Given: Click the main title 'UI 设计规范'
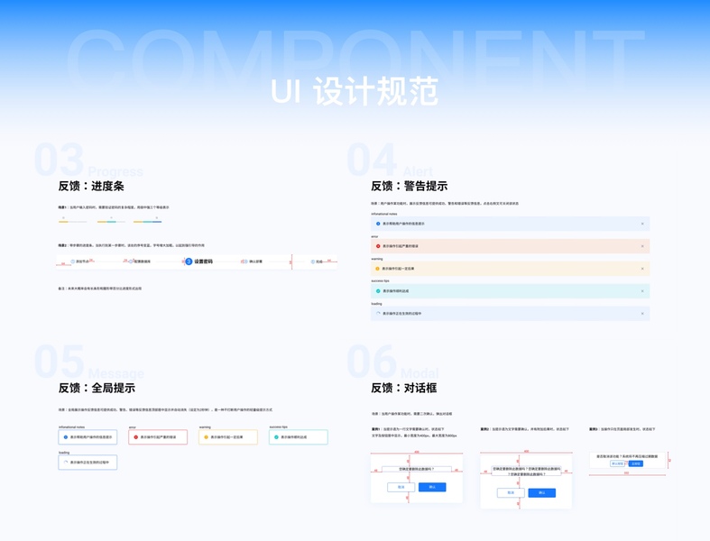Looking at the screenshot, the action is point(355,91).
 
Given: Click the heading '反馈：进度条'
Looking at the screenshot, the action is point(91,186).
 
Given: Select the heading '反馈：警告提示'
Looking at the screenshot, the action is point(409,186).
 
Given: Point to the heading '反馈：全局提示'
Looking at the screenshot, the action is point(97,388).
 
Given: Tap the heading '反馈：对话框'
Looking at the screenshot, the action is point(403,388).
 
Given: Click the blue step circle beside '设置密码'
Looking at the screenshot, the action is point(189,261).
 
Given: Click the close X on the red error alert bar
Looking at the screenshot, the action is point(642,246).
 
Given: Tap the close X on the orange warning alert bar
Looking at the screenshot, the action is point(642,269).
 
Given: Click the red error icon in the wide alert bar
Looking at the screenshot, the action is point(378,246).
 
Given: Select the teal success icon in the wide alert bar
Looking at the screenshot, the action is point(378,291).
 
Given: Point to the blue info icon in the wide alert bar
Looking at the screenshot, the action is point(378,224).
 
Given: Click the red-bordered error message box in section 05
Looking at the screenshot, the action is point(158,437).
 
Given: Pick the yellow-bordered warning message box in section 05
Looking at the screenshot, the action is point(227,437).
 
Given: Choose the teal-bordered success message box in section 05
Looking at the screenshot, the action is point(298,437).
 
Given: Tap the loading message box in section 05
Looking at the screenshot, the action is point(88,462).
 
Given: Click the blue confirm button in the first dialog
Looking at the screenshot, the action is point(432,487).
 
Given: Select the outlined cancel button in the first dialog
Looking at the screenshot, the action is point(401,487).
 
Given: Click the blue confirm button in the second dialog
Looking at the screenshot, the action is point(541,492).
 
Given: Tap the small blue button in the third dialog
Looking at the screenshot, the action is point(636,463).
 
